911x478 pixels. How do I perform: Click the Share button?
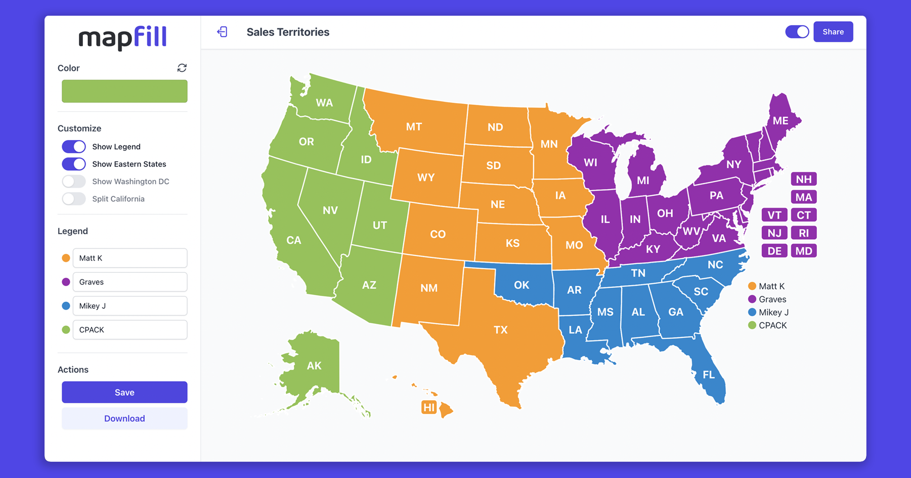pos(833,32)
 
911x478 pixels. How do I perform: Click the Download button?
pos(124,418)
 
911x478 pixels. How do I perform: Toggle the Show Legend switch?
pos(74,147)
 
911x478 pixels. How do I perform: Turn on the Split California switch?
pos(74,199)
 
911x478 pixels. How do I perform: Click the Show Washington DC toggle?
pos(74,182)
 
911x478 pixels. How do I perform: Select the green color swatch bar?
pos(124,91)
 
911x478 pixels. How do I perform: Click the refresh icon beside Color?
pos(182,68)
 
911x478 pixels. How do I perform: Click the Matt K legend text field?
pos(130,258)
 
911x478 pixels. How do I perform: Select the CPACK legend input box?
pos(130,330)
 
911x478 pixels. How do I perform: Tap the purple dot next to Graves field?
pos(66,282)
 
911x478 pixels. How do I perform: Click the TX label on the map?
pos(500,330)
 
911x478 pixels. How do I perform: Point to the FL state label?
pos(709,375)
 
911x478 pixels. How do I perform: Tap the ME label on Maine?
pos(780,121)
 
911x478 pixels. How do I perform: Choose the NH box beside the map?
pos(803,179)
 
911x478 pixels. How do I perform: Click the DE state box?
pos(774,251)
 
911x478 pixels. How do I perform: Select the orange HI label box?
pos(429,407)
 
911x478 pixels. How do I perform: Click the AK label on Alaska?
pos(314,366)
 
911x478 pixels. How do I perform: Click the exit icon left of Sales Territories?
pos(222,32)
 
